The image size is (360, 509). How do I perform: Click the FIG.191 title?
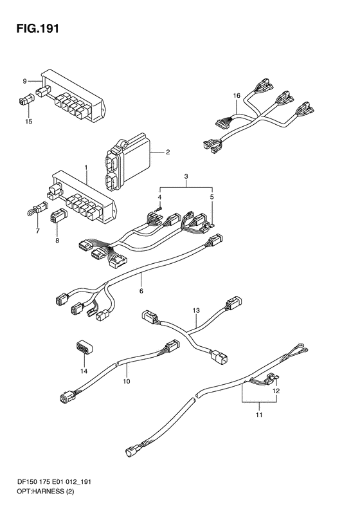tap(38, 28)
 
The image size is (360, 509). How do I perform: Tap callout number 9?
tap(24, 81)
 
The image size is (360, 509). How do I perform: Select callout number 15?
tap(28, 122)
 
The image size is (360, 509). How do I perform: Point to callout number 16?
tap(237, 95)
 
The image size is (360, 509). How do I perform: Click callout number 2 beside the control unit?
tap(168, 152)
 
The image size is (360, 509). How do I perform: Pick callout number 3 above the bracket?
tap(186, 176)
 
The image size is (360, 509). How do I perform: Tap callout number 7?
tap(38, 231)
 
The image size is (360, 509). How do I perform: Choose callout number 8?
tap(57, 241)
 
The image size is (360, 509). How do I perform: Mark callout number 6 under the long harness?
tap(141, 292)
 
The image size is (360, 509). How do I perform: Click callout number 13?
tap(196, 311)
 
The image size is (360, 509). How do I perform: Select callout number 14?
tap(84, 371)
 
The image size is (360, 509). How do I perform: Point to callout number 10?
tap(127, 381)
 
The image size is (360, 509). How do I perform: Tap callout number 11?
tap(259, 415)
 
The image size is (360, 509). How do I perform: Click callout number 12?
tap(276, 391)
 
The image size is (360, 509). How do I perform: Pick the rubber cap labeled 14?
tap(84, 347)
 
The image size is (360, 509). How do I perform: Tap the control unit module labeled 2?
tap(127, 162)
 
